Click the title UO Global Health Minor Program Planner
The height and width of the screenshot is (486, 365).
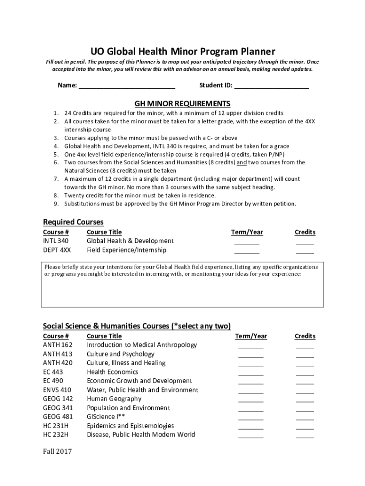(x=182, y=51)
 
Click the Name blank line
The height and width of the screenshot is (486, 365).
(x=127, y=86)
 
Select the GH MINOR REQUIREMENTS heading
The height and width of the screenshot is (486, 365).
(x=182, y=103)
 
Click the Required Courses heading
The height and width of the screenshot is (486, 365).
(x=73, y=222)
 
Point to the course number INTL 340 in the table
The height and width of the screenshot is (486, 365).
(x=55, y=241)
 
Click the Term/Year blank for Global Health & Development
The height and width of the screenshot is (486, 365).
(x=246, y=242)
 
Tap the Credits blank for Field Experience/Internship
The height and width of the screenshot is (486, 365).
(x=305, y=251)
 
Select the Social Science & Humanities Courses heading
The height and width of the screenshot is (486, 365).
(x=137, y=326)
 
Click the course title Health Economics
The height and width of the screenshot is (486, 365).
(x=112, y=372)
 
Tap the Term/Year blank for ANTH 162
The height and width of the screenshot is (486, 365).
(x=251, y=346)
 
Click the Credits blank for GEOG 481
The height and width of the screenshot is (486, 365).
(x=305, y=418)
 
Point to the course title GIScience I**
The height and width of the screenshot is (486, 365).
(x=106, y=417)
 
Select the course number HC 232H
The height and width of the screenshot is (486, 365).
(x=55, y=435)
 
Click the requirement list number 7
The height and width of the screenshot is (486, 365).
(x=55, y=179)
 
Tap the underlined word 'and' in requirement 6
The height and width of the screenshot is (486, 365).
(x=242, y=162)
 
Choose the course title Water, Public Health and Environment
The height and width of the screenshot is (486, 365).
(x=142, y=390)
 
